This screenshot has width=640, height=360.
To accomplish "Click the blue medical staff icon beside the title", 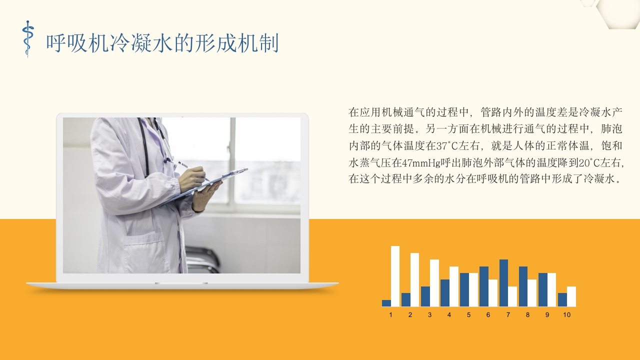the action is (27, 39).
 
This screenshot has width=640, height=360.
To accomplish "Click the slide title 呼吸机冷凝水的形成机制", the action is (162, 43).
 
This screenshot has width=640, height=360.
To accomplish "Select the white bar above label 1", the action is (395, 276).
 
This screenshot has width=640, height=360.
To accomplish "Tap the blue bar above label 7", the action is (503, 283).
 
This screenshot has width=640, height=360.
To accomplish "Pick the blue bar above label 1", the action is (386, 303).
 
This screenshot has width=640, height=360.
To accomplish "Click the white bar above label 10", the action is (571, 296).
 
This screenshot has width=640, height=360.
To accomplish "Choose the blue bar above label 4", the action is (445, 293).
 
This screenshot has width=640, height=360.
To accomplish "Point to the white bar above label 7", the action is (512, 296).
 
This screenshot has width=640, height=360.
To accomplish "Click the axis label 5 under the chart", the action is (468, 315).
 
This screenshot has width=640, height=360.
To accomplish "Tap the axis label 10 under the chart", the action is (567, 315).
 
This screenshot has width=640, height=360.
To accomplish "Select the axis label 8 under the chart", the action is (527, 315).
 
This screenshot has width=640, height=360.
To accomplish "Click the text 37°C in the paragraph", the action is (447, 146).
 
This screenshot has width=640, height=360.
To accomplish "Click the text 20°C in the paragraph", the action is (589, 163).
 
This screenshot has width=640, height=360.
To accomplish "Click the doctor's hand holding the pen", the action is (192, 179).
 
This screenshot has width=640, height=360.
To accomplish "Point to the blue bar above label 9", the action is (543, 289).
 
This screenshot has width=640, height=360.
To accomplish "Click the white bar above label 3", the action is (434, 283).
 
